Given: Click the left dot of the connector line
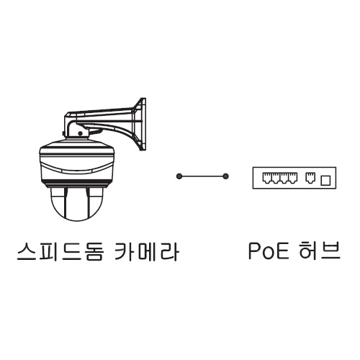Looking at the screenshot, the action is click(x=179, y=176).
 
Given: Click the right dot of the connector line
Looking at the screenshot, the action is click(x=225, y=176).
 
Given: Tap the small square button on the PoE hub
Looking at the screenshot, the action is click(x=325, y=180).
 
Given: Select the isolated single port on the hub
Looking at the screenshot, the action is click(x=310, y=178).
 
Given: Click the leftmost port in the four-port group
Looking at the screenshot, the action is click(x=267, y=178).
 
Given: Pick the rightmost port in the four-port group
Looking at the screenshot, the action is click(x=293, y=178).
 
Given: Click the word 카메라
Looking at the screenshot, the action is click(x=146, y=251).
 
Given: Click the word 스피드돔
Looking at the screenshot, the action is click(x=60, y=251).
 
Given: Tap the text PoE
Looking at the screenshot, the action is click(x=269, y=251).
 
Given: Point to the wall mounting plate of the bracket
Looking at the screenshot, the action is click(x=142, y=125).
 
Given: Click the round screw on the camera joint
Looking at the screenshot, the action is click(x=80, y=133).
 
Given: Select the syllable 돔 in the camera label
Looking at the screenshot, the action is click(x=94, y=251).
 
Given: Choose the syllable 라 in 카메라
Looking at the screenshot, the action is click(x=169, y=251).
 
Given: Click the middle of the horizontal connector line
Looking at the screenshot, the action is click(x=202, y=176).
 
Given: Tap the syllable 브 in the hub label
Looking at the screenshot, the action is click(x=331, y=251).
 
